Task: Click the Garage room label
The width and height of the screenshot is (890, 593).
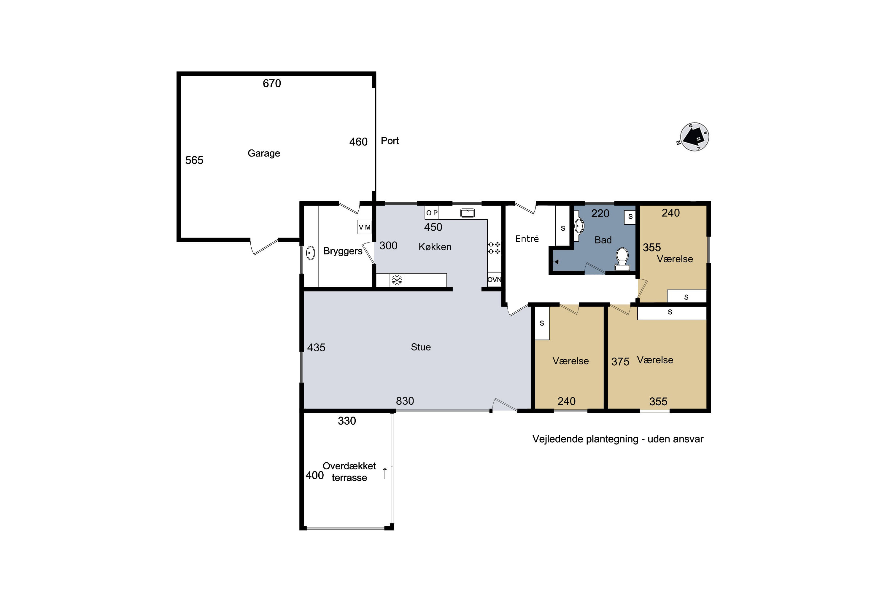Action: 264,154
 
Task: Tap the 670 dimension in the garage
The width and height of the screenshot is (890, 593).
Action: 272,83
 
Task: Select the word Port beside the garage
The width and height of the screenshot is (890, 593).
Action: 390,141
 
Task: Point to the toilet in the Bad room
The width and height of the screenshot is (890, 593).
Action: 622,259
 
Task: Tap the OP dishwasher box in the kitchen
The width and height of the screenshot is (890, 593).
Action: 432,213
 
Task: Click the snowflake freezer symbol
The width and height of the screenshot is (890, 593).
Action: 397,280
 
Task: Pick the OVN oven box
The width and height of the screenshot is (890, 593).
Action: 494,280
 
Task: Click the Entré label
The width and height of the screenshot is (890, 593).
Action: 527,239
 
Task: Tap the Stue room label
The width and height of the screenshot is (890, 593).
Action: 421,347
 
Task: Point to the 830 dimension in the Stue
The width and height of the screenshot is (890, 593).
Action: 405,401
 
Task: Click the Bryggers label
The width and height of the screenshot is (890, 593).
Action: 343,251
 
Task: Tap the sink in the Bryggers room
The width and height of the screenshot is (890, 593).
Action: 310,253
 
